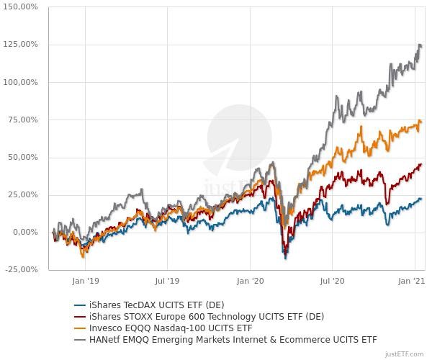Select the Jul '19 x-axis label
click(x=167, y=282)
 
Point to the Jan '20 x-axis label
click(x=251, y=282)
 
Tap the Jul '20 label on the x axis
click(x=332, y=282)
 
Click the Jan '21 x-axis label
click(x=410, y=282)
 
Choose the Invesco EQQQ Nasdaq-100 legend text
click(x=170, y=328)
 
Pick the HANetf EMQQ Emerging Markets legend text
click(x=233, y=339)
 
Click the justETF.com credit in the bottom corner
click(x=404, y=354)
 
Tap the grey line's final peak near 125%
click(x=420, y=45)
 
